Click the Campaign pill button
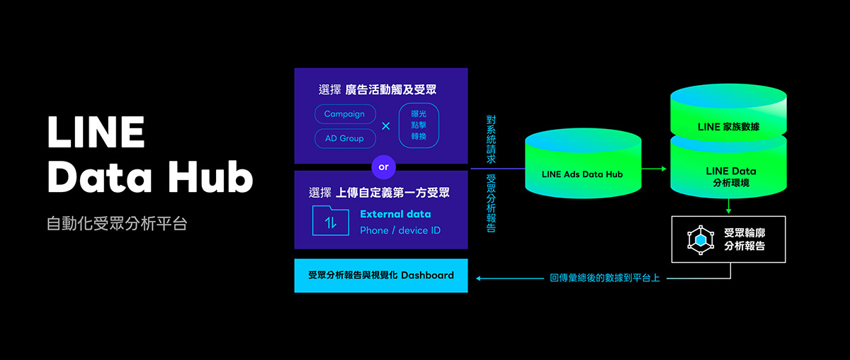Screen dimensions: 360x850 coord(344,114)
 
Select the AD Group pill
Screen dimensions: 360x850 coord(344,138)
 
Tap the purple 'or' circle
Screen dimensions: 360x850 coord(383,167)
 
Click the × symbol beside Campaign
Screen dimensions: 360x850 coord(386,126)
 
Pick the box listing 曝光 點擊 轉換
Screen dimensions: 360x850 coord(419,126)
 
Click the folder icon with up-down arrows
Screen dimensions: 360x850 coord(330,221)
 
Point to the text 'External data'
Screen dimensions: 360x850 coord(395,214)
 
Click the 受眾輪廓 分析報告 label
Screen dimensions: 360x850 coord(745,240)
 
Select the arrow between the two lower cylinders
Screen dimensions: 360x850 coord(654,169)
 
